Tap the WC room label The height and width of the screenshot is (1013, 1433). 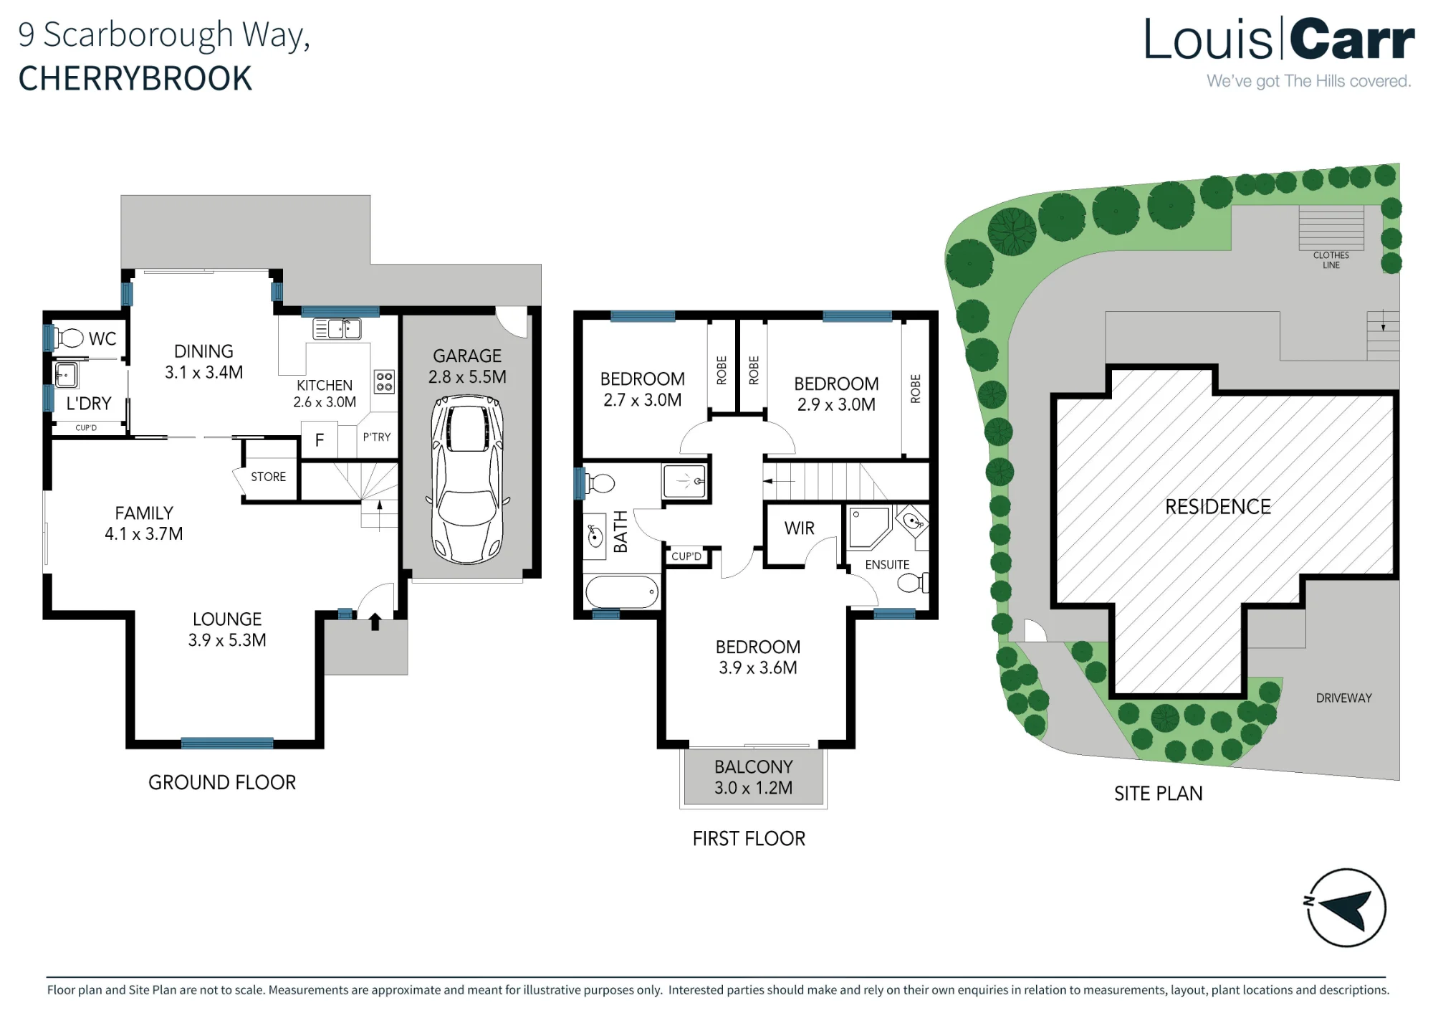tap(102, 339)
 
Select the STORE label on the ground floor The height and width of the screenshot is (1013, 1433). tap(268, 477)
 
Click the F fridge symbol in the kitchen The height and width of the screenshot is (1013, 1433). tap(320, 439)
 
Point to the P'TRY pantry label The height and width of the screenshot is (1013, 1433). tap(377, 437)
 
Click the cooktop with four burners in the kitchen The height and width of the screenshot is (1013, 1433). tap(385, 381)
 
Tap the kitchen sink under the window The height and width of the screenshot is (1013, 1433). tap(337, 329)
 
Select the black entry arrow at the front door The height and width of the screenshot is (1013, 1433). tap(375, 621)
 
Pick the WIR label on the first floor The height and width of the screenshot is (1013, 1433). tap(800, 528)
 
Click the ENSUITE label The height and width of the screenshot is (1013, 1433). tap(887, 565)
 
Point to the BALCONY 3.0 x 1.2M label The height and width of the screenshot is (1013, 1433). tap(754, 777)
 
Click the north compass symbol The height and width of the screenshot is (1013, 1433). tap(1346, 908)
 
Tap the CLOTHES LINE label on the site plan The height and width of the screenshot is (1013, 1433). tap(1331, 260)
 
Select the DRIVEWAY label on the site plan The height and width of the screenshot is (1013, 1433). tap(1344, 698)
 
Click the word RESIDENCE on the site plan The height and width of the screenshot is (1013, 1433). tap(1218, 507)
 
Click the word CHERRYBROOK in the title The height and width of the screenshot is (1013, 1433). tap(135, 79)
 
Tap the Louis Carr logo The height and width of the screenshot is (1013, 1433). tap(1279, 52)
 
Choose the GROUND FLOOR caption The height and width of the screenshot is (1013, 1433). tap(222, 782)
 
